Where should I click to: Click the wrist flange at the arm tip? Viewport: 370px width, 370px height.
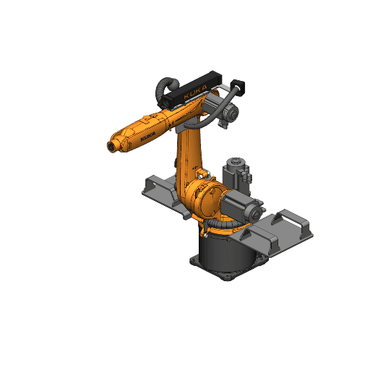[x=111, y=147]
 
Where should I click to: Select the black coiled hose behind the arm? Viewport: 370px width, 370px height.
[x=163, y=90]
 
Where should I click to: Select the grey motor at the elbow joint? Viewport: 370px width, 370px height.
[x=228, y=112]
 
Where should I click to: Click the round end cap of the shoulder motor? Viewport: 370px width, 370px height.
[x=255, y=213]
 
